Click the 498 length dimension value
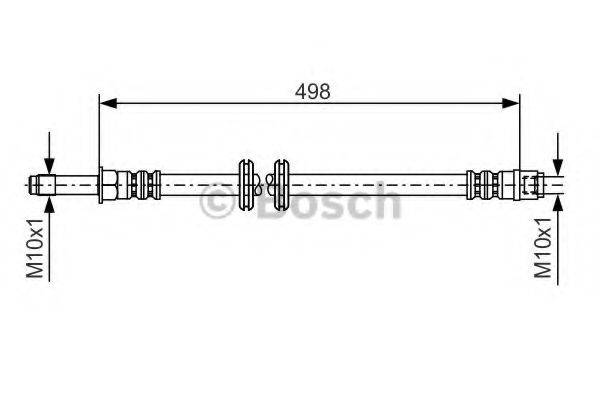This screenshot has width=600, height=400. coord(311,90)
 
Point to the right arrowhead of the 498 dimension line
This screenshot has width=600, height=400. coord(514,101)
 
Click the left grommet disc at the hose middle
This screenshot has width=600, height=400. coord(246,184)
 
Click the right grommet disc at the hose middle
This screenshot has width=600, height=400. coord(280,184)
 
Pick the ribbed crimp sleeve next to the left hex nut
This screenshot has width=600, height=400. coord(142,184)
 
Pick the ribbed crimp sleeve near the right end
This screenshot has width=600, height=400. coord(483,184)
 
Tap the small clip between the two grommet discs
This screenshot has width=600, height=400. coord(263,184)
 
